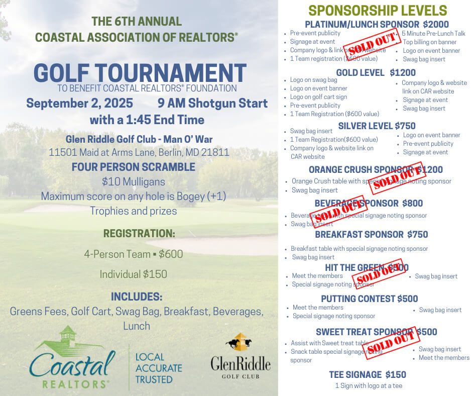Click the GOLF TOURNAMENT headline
click(x=140, y=73)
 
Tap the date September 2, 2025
click(x=79, y=104)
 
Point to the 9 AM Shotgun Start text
click(x=212, y=104)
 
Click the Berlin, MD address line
click(x=139, y=152)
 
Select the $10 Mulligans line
click(x=133, y=181)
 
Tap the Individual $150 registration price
click(x=133, y=274)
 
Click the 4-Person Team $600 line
click(x=133, y=254)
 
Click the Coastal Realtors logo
click(x=72, y=358)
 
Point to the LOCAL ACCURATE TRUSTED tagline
click(x=158, y=368)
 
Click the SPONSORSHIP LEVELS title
click(x=377, y=11)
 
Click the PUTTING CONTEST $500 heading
click(x=370, y=299)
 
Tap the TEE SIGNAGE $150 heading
click(x=368, y=374)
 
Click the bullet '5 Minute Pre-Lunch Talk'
click(x=433, y=34)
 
